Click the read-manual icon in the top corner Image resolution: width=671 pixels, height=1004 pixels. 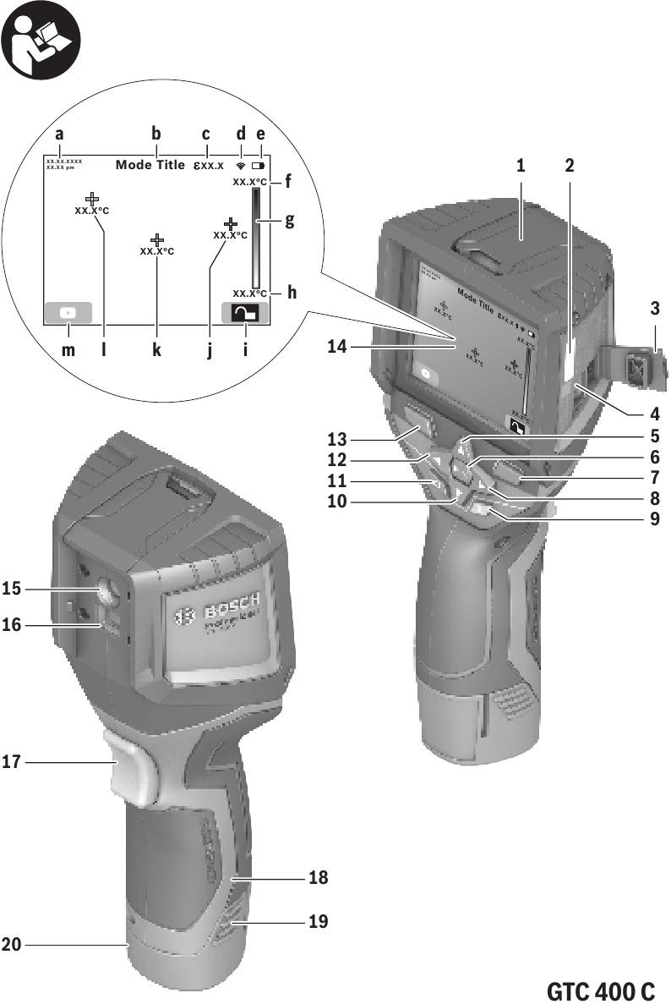pyautogui.click(x=41, y=41)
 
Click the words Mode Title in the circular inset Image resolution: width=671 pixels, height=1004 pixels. pyautogui.click(x=150, y=165)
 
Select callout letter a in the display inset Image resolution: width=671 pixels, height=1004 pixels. pyautogui.click(x=59, y=134)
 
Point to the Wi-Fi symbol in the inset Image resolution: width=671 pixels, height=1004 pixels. pyautogui.click(x=241, y=166)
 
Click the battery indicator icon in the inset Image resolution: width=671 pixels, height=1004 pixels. pyautogui.click(x=258, y=166)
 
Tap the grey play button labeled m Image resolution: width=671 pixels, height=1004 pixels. pyautogui.click(x=68, y=312)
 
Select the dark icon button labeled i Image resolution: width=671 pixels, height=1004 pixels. pyautogui.click(x=244, y=313)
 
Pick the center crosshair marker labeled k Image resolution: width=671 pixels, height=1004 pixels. pyautogui.click(x=156, y=241)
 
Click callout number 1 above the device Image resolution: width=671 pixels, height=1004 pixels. pyautogui.click(x=522, y=167)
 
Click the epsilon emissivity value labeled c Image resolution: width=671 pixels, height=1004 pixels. pyautogui.click(x=206, y=165)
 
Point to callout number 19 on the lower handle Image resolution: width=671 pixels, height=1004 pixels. pyautogui.click(x=318, y=920)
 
